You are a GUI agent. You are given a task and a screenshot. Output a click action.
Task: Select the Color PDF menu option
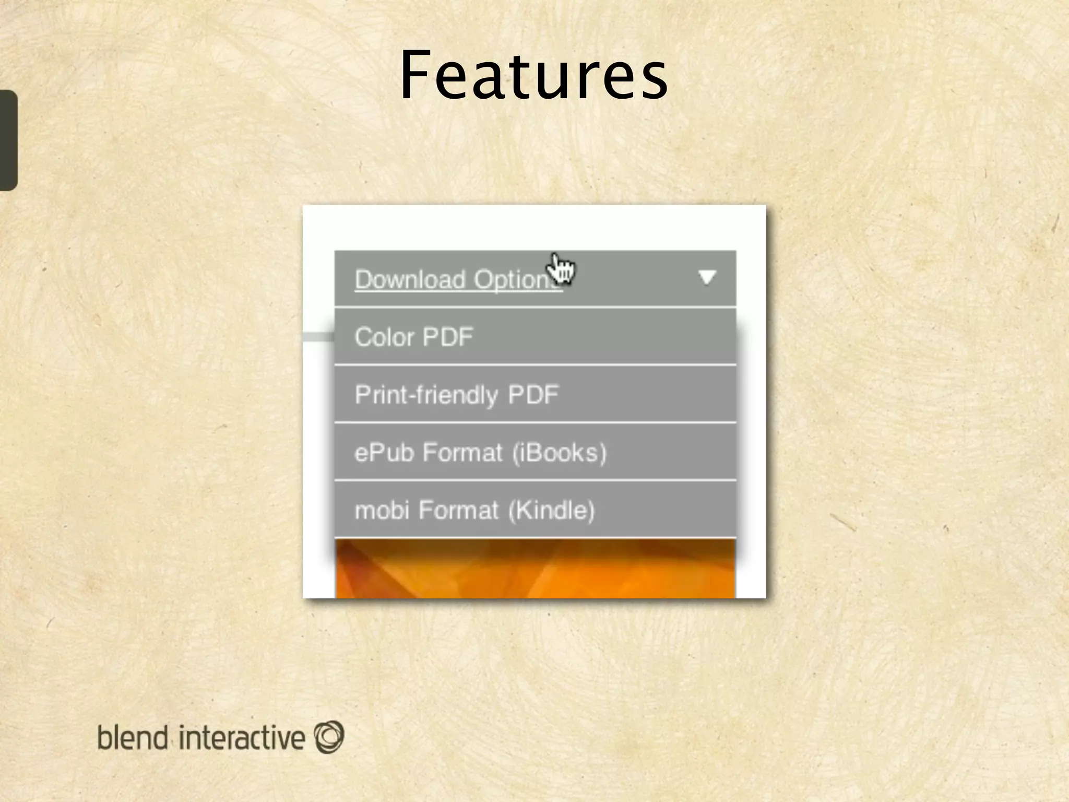(535, 337)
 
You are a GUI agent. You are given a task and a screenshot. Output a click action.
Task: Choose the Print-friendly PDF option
(535, 394)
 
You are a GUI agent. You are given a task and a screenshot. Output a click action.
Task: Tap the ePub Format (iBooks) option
(535, 452)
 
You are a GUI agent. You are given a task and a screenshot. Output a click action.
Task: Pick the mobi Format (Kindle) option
(535, 510)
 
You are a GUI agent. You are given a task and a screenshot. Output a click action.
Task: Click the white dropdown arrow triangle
(707, 277)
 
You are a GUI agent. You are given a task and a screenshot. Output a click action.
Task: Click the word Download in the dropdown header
(410, 279)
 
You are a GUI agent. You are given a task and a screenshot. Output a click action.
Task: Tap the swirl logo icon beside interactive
(329, 737)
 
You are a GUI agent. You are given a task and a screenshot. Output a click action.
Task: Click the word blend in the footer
(133, 737)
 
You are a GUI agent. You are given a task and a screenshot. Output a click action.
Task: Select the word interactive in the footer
(241, 737)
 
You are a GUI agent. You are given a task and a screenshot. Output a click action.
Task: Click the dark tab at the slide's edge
(8, 140)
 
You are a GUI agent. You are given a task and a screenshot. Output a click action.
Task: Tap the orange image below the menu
(535, 569)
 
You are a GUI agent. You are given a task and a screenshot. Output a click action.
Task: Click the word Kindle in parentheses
(552, 510)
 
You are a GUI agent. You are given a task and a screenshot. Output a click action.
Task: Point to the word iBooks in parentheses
(559, 453)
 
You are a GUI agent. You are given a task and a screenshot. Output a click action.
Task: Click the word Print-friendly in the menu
(426, 395)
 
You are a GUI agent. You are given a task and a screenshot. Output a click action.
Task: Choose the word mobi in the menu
(382, 510)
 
